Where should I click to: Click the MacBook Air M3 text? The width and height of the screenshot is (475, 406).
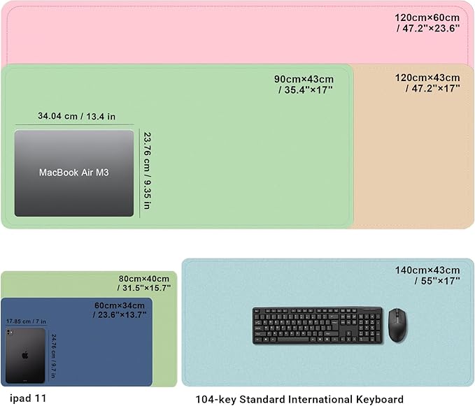73,172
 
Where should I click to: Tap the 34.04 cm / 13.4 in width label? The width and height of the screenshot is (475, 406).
76,117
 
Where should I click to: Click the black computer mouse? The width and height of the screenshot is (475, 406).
397,326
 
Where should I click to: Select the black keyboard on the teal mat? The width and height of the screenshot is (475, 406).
318,326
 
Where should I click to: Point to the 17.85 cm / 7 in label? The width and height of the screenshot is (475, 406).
25,321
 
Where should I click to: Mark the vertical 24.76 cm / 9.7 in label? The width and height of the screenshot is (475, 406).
52,356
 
